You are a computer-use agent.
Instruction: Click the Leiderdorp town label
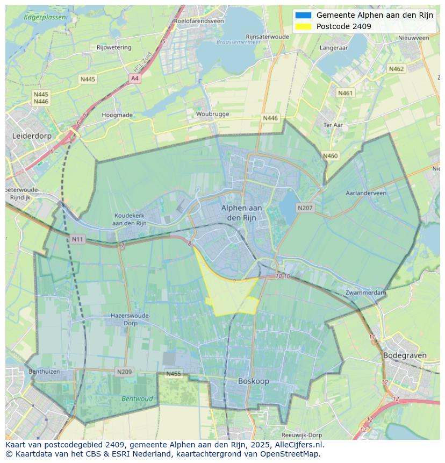[x=32, y=136]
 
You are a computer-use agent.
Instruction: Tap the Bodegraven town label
[x=404, y=355]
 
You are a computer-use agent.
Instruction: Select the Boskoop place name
[x=254, y=381]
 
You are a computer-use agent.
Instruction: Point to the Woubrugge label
[x=212, y=114]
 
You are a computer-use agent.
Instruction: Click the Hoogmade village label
[x=117, y=115]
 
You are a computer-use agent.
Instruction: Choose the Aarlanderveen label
[x=366, y=193]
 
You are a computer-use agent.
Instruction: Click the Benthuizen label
[x=44, y=372]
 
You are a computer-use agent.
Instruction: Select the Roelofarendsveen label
[x=198, y=21]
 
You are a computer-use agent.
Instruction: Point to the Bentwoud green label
[x=137, y=399]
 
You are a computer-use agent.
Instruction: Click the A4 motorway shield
[x=134, y=79]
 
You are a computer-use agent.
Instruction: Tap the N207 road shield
[x=305, y=208]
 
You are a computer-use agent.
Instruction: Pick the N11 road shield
[x=77, y=239]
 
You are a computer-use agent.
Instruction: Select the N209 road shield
[x=124, y=372]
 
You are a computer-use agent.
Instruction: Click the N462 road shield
[x=396, y=69]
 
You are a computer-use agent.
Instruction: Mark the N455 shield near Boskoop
[x=174, y=374]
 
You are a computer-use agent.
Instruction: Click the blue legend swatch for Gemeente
[x=303, y=15]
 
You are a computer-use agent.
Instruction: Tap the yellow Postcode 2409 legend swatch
[x=303, y=26]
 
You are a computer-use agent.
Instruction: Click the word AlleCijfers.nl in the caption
[x=299, y=445]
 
